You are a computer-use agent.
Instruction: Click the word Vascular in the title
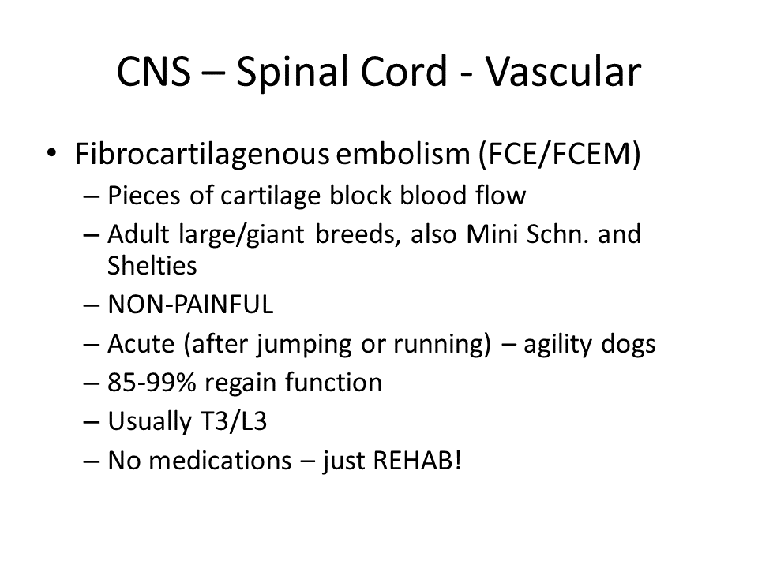(563, 72)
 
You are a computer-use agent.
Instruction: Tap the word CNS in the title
(154, 72)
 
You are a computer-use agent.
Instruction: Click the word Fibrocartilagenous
(202, 155)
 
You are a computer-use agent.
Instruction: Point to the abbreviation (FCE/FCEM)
(559, 155)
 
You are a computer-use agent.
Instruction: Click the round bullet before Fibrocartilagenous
(51, 153)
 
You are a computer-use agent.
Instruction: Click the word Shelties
(152, 265)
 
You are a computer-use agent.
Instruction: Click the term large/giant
(242, 235)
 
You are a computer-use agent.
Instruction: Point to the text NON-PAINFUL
(190, 305)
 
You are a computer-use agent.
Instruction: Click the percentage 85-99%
(152, 383)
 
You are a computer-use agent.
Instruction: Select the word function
(333, 382)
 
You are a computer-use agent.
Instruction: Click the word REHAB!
(418, 460)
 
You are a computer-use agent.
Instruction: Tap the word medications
(220, 460)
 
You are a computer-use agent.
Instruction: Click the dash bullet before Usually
(92, 421)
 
